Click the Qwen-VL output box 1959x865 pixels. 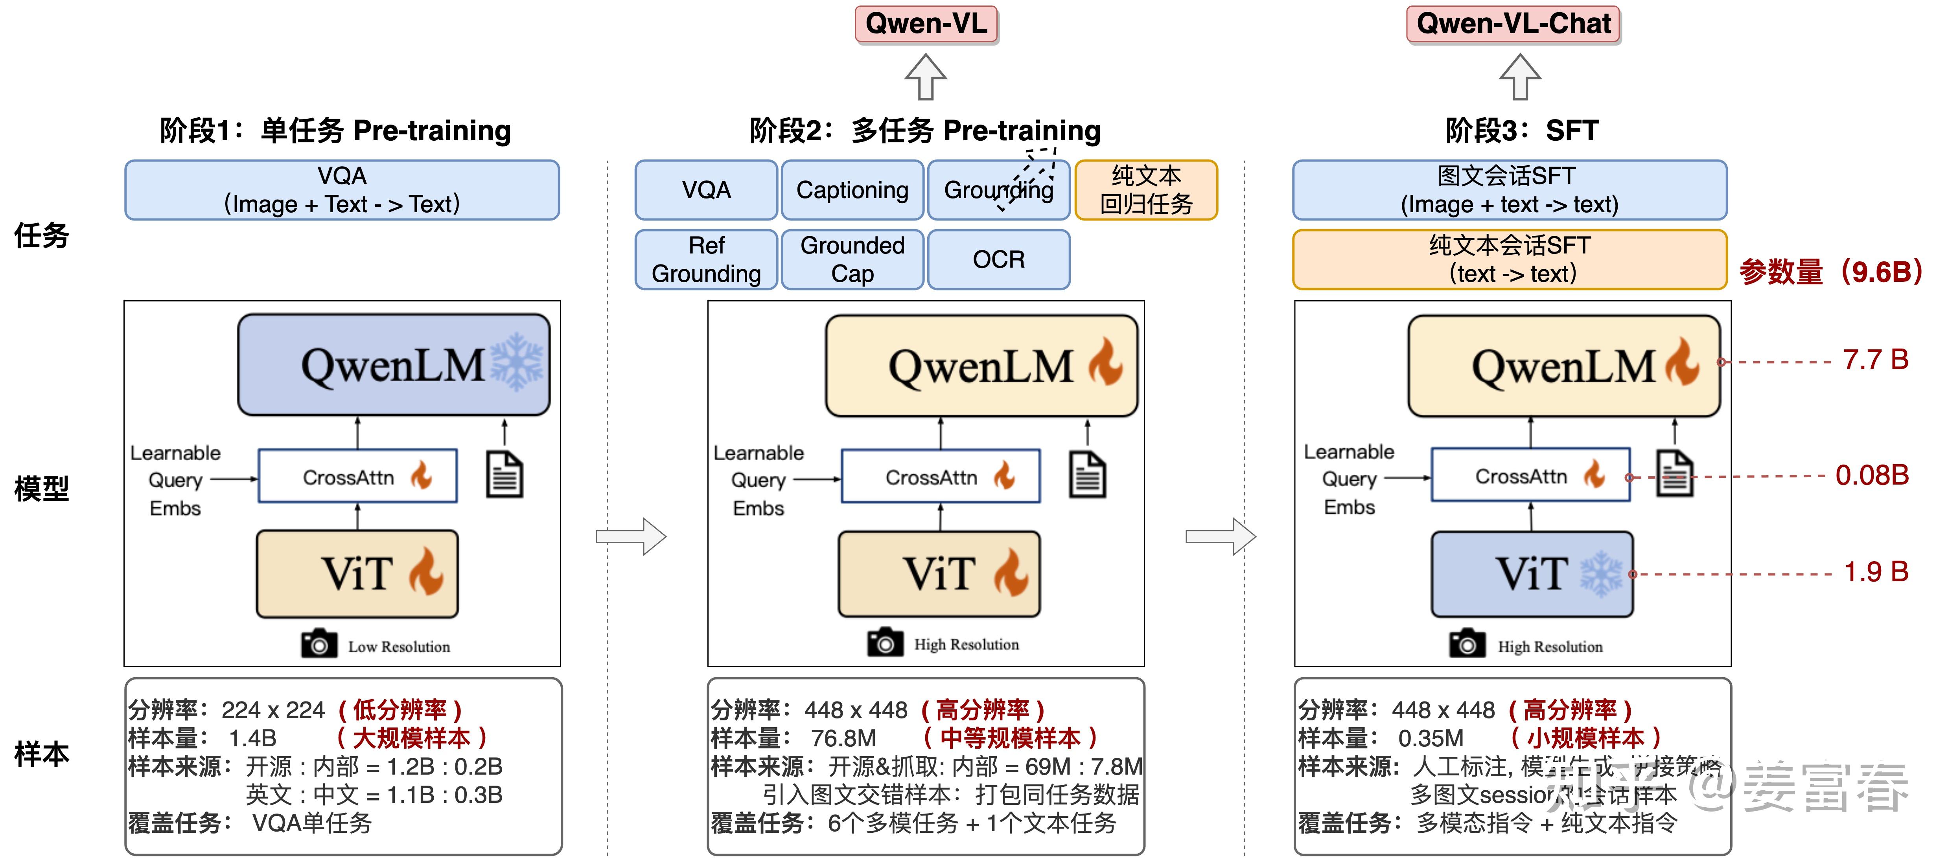pyautogui.click(x=926, y=24)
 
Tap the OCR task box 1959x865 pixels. pyautogui.click(x=998, y=260)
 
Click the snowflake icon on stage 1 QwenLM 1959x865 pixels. pyautogui.click(x=517, y=362)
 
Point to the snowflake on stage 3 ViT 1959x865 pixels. pyautogui.click(x=1601, y=573)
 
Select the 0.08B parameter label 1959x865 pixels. pyautogui.click(x=1872, y=476)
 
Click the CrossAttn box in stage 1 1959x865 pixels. pyautogui.click(x=357, y=477)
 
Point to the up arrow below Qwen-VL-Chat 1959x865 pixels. pyautogui.click(x=1519, y=77)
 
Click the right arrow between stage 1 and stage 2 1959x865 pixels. pyautogui.click(x=631, y=536)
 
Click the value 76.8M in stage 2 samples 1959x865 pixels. pyautogui.click(x=843, y=738)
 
